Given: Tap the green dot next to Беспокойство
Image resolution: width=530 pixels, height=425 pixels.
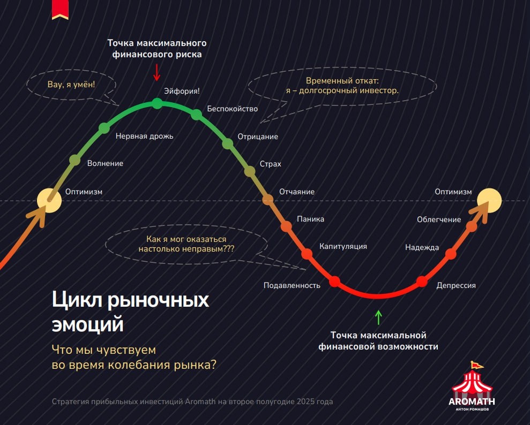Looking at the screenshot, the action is [x=197, y=113].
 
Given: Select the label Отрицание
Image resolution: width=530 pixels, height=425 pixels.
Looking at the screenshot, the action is [x=258, y=136].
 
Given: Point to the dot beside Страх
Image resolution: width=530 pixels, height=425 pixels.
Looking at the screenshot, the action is [x=250, y=171].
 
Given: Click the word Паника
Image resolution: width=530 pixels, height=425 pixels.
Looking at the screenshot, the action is [x=310, y=219].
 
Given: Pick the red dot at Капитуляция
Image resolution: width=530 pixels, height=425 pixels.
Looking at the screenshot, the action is [x=307, y=253].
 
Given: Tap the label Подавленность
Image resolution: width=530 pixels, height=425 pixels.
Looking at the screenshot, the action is [x=292, y=285].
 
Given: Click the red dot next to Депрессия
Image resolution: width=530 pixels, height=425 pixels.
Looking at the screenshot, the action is [x=422, y=282].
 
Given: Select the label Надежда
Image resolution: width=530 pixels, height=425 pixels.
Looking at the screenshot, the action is [x=422, y=247].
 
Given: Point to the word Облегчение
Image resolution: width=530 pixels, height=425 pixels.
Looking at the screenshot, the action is [x=439, y=219].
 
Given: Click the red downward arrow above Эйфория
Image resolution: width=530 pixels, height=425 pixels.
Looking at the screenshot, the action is [x=157, y=72].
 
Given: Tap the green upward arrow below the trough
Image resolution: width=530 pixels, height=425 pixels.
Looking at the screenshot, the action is [x=379, y=317].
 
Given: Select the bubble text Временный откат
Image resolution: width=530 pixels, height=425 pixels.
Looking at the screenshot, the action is [x=342, y=81].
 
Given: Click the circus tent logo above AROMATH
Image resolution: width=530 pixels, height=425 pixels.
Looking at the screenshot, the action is [x=472, y=380].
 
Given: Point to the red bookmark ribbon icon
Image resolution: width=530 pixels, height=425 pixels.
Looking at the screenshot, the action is [x=60, y=9].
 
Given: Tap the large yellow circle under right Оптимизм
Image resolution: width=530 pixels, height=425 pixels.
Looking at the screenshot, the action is [x=489, y=200].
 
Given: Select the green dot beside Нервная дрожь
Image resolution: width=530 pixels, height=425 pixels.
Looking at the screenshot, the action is [x=104, y=127].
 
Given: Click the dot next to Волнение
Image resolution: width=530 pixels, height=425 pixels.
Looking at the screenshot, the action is [x=75, y=160].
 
